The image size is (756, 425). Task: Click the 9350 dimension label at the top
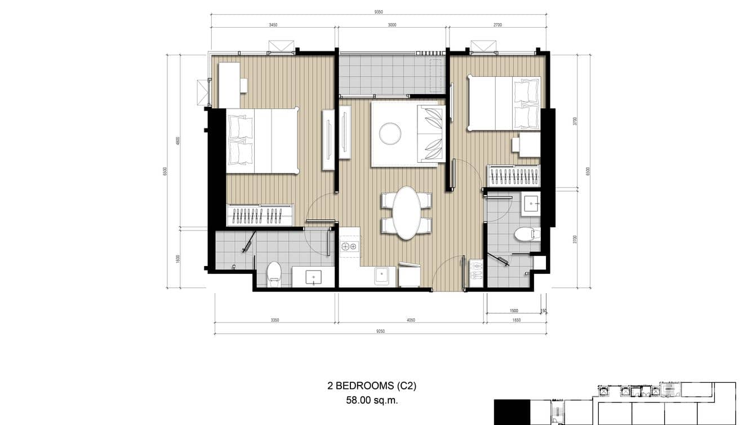pyautogui.click(x=380, y=11)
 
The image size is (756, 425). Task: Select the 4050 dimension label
pyautogui.click(x=410, y=320)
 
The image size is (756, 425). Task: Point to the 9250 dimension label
pyautogui.click(x=380, y=332)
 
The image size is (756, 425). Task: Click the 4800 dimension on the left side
pyautogui.click(x=178, y=141)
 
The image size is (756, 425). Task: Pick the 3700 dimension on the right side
pyautogui.click(x=574, y=121)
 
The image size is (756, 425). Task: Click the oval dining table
pyautogui.click(x=407, y=213)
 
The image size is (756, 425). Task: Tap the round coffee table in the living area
pyautogui.click(x=390, y=134)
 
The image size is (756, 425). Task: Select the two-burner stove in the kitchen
pyautogui.click(x=349, y=246)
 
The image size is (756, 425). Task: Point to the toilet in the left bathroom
pyautogui.click(x=274, y=273)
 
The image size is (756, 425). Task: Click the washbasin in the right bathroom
pyautogui.click(x=531, y=203)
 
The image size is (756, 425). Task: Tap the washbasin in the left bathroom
pyautogui.click(x=313, y=276)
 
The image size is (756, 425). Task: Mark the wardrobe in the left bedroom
pyautogui.click(x=259, y=215)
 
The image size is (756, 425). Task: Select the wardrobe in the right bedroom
pyautogui.click(x=513, y=175)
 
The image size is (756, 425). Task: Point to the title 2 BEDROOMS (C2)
pyautogui.click(x=372, y=386)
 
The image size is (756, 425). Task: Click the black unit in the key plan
pyautogui.click(x=512, y=411)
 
